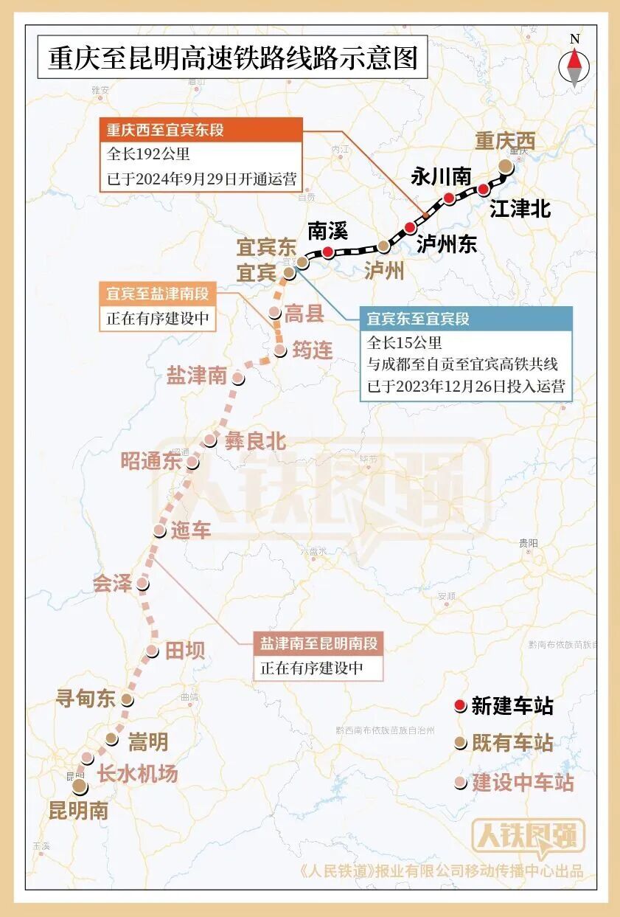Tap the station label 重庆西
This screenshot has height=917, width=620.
click(x=505, y=141)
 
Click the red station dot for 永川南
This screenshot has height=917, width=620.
click(x=448, y=198)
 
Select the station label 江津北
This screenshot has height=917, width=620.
click(x=520, y=210)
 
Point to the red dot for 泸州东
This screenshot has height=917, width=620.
click(x=410, y=227)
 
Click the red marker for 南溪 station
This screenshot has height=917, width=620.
click(x=327, y=252)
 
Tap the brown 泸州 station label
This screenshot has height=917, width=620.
click(x=385, y=271)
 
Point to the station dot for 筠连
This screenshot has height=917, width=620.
click(x=280, y=351)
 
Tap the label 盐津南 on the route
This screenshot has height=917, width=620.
click(x=196, y=376)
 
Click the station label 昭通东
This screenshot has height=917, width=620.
click(x=151, y=462)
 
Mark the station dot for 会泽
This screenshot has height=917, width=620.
click(x=142, y=584)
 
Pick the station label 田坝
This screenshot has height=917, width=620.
click(x=184, y=651)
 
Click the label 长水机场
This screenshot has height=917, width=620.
click(x=137, y=774)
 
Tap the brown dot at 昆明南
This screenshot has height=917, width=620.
click(x=79, y=788)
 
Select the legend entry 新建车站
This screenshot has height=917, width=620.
click(x=512, y=706)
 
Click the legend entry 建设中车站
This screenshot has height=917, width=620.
click(x=522, y=783)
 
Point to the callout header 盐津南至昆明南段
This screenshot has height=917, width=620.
click(x=318, y=643)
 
